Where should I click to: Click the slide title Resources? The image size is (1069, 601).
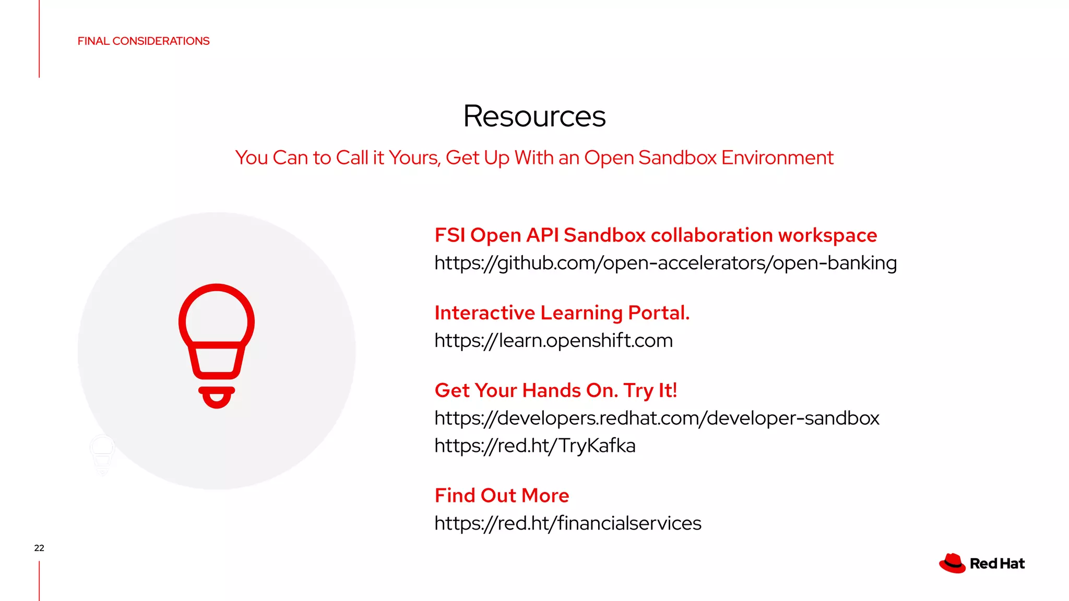(534, 116)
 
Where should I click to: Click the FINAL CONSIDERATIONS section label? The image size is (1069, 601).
(144, 41)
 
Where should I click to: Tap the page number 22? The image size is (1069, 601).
(39, 548)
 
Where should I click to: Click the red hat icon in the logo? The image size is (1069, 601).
(952, 563)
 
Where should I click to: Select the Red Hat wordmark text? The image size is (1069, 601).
(997, 564)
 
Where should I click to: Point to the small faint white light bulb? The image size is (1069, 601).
(102, 454)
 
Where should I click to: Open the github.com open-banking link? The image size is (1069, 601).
(666, 263)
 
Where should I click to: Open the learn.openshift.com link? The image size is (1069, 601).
(553, 341)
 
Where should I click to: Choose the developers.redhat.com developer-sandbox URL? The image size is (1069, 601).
(657, 418)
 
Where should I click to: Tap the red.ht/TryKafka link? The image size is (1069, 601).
(535, 446)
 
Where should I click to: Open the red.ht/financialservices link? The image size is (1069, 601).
(568, 523)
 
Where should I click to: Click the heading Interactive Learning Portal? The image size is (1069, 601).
(562, 313)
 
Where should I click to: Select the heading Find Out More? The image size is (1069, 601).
(502, 496)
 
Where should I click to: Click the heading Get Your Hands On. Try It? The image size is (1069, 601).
(556, 391)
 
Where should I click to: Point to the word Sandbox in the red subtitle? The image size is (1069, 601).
(677, 158)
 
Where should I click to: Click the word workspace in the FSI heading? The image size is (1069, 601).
(827, 235)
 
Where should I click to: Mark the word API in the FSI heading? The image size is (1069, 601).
(542, 235)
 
